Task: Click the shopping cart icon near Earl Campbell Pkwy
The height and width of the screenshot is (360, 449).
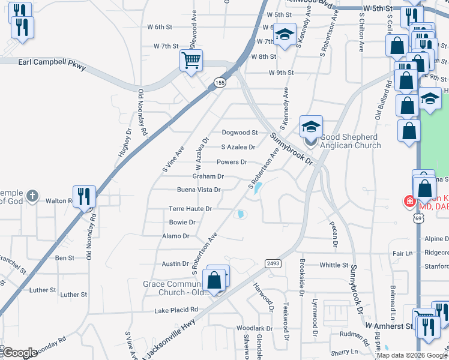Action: tap(191, 60)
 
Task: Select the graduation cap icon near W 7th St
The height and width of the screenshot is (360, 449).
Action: tap(285, 34)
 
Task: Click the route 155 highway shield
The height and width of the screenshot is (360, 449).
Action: tap(221, 83)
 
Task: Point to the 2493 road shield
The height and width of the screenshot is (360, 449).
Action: tap(273, 263)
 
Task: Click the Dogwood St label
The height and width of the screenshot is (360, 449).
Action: tap(240, 133)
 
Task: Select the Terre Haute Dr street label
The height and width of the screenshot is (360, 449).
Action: tap(190, 209)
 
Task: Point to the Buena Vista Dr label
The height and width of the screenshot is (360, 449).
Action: tap(199, 190)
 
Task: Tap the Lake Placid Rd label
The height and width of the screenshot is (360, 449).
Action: tap(176, 310)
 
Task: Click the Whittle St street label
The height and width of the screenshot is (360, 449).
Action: tap(334, 265)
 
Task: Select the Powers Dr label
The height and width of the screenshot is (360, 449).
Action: tap(232, 162)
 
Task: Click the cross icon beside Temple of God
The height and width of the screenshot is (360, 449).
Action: tap(32, 196)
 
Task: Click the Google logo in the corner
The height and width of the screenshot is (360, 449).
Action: tap(20, 353)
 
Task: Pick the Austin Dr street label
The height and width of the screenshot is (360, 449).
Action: tap(176, 263)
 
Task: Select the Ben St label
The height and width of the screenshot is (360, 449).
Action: tap(64, 257)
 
